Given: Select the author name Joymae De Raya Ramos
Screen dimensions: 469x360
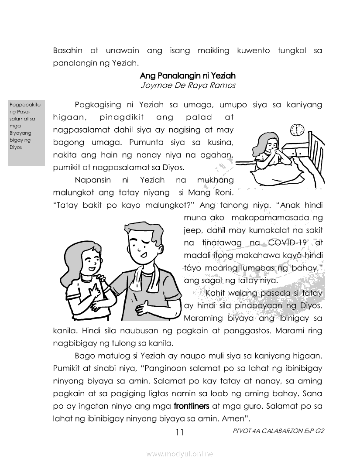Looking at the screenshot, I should coord(188,85).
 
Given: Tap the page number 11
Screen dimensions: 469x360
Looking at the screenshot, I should coord(180,432).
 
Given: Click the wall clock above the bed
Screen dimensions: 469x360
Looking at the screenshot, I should coord(297,130).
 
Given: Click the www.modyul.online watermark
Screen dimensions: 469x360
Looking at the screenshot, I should coord(180,454).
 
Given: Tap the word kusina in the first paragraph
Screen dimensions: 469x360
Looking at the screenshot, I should coord(222,142).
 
